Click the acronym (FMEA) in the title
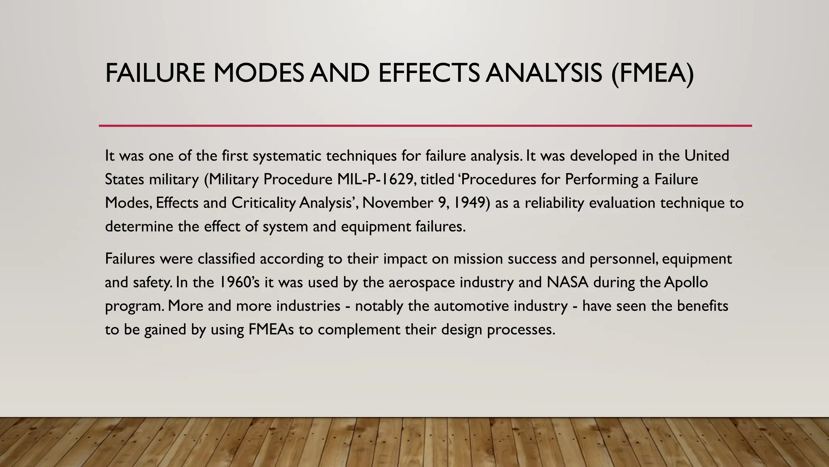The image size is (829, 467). click(x=653, y=73)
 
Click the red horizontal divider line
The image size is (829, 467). click(x=425, y=126)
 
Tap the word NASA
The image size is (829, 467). click(x=568, y=282)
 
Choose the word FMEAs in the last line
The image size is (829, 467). click(x=271, y=329)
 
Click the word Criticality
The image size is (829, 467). click(x=263, y=203)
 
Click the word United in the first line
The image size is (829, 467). click(x=707, y=156)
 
